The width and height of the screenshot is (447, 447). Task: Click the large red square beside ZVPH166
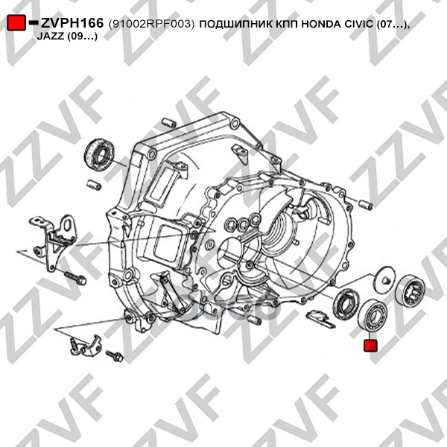[16, 22]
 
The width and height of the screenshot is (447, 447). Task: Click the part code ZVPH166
[72, 23]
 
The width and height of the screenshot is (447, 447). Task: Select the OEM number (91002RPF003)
[151, 25]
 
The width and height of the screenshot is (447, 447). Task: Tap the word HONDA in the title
[321, 24]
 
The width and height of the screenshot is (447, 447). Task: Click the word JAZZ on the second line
[51, 37]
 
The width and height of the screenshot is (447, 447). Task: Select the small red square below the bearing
[370, 346]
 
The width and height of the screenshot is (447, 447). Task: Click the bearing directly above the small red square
[372, 314]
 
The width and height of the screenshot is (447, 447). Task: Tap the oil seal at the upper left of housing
[99, 155]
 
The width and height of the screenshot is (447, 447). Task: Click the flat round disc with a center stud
[383, 279]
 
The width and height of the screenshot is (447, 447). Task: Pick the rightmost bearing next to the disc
[410, 291]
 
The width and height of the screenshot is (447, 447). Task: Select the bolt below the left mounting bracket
[75, 277]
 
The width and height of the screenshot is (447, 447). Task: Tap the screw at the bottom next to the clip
[114, 355]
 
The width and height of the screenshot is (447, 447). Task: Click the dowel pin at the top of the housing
[169, 123]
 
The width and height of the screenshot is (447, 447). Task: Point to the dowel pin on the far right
[366, 204]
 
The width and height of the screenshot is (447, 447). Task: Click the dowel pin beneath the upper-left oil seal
[94, 184]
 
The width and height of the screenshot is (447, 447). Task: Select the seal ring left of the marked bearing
[345, 304]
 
